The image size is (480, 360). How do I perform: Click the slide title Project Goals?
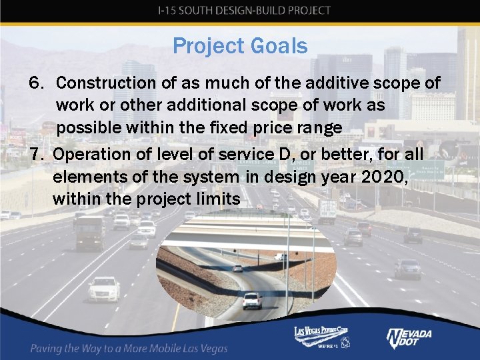240,46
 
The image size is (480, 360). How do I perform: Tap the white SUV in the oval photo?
252,301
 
